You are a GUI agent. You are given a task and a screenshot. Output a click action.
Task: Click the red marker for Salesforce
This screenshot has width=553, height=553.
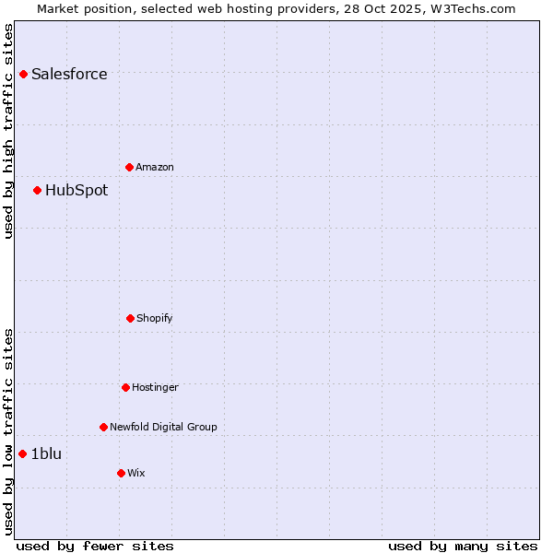[23, 74]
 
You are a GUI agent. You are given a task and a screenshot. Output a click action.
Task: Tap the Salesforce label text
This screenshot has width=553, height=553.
[69, 75]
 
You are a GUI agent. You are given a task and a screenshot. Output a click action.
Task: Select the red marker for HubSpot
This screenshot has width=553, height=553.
[37, 190]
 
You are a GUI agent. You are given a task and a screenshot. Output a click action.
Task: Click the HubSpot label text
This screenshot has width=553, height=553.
[76, 191]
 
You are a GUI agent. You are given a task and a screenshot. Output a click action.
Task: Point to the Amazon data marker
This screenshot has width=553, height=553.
[129, 167]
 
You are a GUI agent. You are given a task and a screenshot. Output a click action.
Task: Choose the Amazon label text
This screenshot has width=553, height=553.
[155, 168]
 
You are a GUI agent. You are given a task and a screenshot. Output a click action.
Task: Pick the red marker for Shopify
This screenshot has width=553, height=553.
[130, 318]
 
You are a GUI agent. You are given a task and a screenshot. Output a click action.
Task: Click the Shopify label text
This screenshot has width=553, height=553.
[155, 319]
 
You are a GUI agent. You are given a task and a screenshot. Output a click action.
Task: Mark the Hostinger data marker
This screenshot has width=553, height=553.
[125, 387]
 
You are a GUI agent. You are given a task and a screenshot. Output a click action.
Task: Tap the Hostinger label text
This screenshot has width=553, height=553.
[155, 388]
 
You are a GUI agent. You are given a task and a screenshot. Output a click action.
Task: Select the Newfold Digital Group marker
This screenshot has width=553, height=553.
[103, 427]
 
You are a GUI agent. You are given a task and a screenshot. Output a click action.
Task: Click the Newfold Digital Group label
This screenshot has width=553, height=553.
[163, 428]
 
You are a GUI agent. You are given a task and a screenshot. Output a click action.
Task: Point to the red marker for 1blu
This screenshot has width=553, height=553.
[22, 453]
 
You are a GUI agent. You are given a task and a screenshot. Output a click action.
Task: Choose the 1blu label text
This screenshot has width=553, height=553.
[46, 453]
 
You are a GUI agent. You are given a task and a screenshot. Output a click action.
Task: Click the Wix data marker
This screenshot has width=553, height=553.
[121, 473]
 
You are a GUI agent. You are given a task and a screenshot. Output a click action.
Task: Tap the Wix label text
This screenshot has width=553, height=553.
[136, 474]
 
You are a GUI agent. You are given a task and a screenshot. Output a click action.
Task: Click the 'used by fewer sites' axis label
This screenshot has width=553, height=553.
[95, 547]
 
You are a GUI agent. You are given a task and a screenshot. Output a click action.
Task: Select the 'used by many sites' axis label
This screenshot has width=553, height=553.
[463, 547]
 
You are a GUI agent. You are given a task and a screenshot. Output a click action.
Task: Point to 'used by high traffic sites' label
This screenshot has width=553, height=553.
[9, 131]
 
